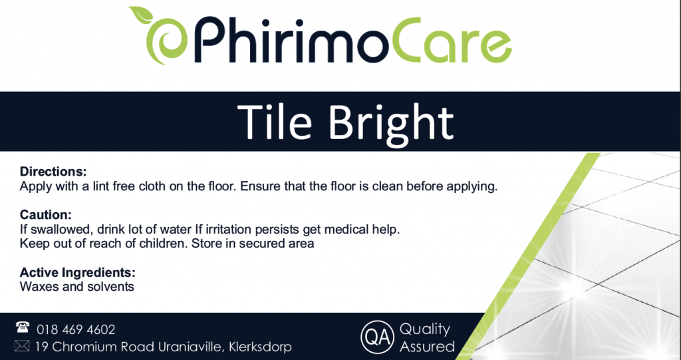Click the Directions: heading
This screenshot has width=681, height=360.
pos(53,171)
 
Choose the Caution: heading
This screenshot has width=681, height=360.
pos(46,215)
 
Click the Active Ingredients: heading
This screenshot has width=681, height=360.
pos(78,273)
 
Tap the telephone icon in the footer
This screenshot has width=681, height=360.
pos(22,327)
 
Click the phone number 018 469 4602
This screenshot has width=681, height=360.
pos(76,330)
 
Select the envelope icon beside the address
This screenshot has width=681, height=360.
pos(22,345)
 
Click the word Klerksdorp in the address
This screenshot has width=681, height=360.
pos(260,347)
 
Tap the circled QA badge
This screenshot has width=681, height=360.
pos(378,337)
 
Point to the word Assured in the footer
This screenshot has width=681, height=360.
pos(428,347)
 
